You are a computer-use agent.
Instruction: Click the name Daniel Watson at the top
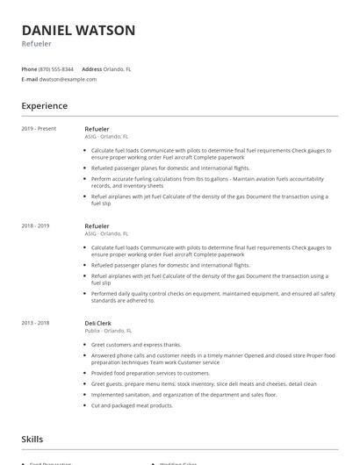78,31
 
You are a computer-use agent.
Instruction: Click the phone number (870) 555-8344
56,68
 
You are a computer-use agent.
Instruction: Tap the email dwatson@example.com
68,79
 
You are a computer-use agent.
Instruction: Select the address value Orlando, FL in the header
118,68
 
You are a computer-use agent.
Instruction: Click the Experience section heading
45,106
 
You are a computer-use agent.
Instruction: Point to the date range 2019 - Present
39,129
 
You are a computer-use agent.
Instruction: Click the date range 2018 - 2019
35,225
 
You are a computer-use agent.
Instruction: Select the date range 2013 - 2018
35,323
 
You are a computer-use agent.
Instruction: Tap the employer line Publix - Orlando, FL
108,331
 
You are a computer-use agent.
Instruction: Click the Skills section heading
32,439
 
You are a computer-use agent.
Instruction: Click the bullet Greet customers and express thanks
136,345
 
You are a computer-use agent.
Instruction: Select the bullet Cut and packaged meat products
132,405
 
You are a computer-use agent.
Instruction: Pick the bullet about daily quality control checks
211,295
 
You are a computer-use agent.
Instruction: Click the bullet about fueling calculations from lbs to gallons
211,182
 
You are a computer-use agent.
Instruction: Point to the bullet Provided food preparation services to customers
150,372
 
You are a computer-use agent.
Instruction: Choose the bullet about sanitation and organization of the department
184,395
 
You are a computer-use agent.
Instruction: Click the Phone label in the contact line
29,68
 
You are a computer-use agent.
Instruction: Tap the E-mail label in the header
29,79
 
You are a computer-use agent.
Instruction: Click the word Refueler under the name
36,44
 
